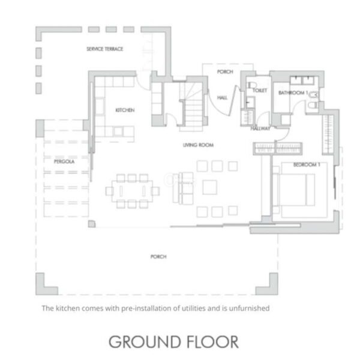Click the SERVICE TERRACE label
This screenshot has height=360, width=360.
[x=104, y=49]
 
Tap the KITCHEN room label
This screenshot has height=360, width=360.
[x=125, y=110]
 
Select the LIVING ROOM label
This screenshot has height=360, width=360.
[x=198, y=145]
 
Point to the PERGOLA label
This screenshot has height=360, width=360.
[x=64, y=161]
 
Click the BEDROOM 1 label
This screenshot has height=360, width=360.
[x=307, y=164]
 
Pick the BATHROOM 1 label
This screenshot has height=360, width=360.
[x=293, y=93]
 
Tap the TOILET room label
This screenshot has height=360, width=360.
[x=260, y=91]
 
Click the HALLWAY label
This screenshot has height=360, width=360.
[x=260, y=128]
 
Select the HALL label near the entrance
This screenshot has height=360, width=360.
[x=222, y=98]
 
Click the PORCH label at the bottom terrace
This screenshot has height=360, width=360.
[x=158, y=256]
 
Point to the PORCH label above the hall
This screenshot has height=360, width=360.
[x=225, y=71]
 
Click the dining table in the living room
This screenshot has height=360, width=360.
[x=132, y=191]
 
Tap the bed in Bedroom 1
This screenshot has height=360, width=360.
[x=296, y=190]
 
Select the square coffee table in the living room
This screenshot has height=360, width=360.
[x=209, y=187]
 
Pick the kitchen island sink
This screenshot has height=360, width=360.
[x=118, y=131]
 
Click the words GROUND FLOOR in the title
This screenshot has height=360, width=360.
[x=173, y=342]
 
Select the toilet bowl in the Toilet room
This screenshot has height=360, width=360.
[x=252, y=85]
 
